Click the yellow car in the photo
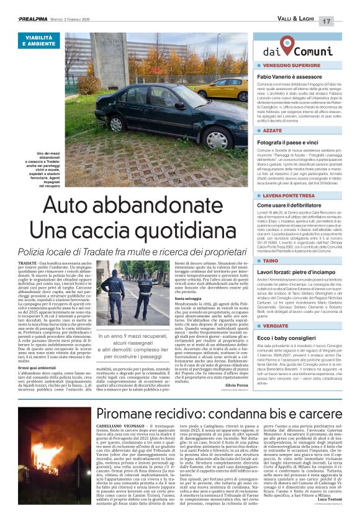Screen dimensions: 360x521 coord(221,88)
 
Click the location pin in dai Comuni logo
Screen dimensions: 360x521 coord(287,45)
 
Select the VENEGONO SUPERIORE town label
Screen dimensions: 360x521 coord(291,65)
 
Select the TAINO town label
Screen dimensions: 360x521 coord(270,261)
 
